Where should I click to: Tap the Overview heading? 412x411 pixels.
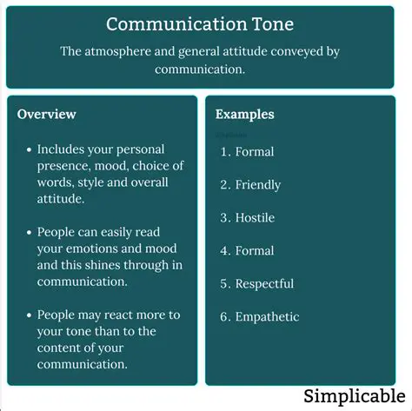[x=47, y=115]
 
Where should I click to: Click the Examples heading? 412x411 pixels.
[x=245, y=115]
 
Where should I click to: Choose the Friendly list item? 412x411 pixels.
[x=257, y=184]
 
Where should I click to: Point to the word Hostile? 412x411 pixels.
[x=255, y=217]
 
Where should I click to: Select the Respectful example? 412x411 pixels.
[x=264, y=283]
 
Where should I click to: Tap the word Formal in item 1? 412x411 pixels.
[x=254, y=151]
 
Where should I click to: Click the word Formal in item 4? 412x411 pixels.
[x=254, y=250]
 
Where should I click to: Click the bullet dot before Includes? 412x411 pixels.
[x=30, y=149]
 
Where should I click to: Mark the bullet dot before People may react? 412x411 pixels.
[x=30, y=315]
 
